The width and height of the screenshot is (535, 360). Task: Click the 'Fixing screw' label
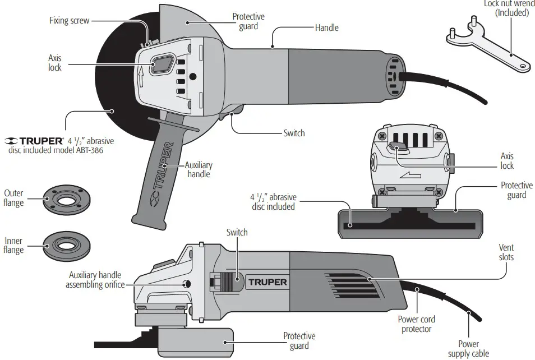(x=69, y=21)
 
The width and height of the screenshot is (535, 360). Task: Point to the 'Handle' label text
(x=326, y=27)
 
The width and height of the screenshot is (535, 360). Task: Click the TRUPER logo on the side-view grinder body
(x=266, y=281)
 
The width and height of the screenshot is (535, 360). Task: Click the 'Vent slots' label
(x=506, y=252)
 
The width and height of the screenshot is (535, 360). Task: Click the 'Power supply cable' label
(x=468, y=348)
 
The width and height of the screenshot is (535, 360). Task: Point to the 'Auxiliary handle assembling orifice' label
(x=95, y=280)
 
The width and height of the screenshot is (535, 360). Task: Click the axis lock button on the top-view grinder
(x=162, y=64)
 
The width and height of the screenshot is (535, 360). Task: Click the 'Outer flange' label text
(x=14, y=197)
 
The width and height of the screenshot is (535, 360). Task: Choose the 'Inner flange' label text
(x=13, y=244)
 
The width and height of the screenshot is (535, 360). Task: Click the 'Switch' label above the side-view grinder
(x=237, y=232)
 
